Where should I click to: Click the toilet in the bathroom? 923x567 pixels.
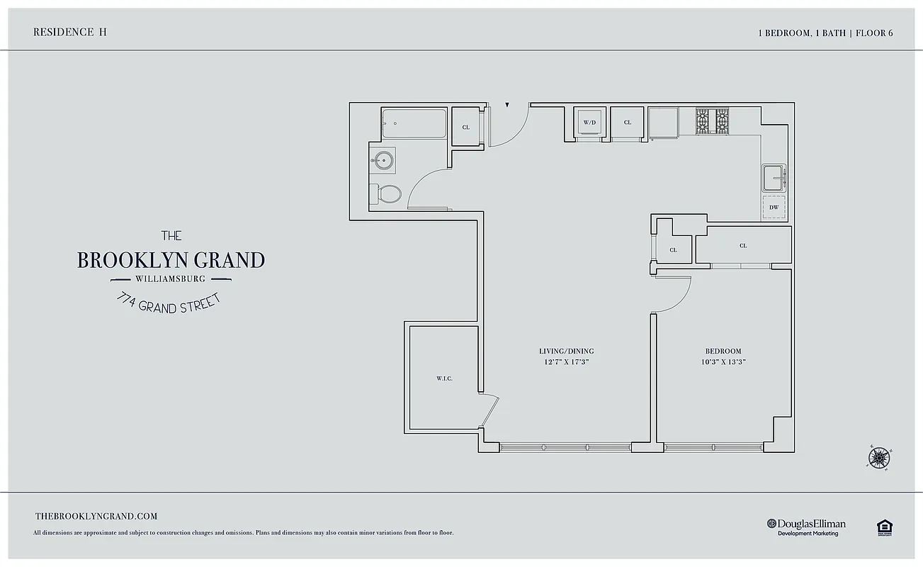(x=387, y=193)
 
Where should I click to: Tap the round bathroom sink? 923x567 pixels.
(x=383, y=161)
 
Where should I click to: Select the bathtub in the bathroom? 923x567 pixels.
(x=414, y=123)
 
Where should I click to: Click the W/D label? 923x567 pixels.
(x=589, y=123)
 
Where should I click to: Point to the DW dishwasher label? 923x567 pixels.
(x=774, y=208)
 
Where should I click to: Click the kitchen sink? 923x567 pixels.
(x=773, y=177)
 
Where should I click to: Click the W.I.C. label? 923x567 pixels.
(x=444, y=378)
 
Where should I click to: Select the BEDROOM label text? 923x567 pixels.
(x=723, y=352)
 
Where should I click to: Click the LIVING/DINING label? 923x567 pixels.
(x=566, y=352)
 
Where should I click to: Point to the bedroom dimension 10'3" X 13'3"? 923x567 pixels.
(x=723, y=362)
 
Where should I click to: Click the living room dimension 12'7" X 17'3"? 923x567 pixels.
(x=566, y=362)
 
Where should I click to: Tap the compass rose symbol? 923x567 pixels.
(x=878, y=458)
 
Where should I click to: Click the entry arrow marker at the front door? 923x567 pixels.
(x=507, y=106)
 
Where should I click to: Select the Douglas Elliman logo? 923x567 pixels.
(x=806, y=527)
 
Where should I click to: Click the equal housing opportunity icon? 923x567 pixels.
(x=883, y=527)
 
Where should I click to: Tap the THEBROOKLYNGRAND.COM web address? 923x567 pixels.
(x=96, y=517)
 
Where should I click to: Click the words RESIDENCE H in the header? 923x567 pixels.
(x=70, y=32)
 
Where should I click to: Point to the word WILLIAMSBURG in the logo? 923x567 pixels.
(x=171, y=279)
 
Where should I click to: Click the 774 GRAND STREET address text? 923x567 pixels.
(x=169, y=303)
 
